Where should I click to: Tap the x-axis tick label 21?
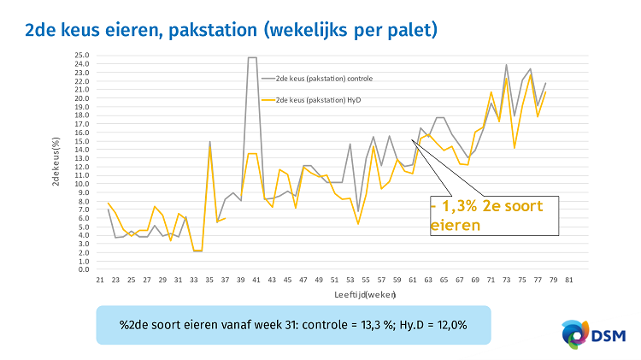[100, 279]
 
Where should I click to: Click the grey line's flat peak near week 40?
[253, 58]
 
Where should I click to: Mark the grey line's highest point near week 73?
[507, 65]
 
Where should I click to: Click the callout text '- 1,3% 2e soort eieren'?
[491, 215]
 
